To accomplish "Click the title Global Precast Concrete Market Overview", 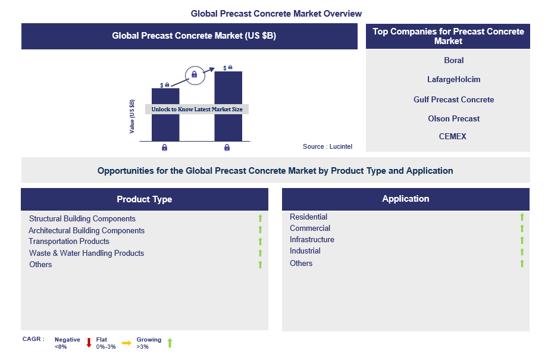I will pyautogui.click(x=276, y=13).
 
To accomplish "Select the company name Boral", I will pyautogui.click(x=453, y=60).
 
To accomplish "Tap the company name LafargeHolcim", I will pyautogui.click(x=453, y=79).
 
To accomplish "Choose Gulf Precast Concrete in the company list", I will pyautogui.click(x=453, y=99).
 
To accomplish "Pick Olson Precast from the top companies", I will pyautogui.click(x=453, y=118).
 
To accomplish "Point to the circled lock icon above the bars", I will pyautogui.click(x=193, y=74).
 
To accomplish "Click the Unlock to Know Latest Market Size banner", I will pyautogui.click(x=197, y=109).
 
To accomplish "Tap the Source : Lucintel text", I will pyautogui.click(x=327, y=146).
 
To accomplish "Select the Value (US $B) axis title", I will pyautogui.click(x=132, y=116).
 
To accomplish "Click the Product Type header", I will pyautogui.click(x=144, y=199).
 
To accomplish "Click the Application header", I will pyautogui.click(x=405, y=199).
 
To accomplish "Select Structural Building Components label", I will pyautogui.click(x=82, y=219).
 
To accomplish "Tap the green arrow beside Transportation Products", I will pyautogui.click(x=260, y=242).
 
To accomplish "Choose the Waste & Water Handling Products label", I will pyautogui.click(x=86, y=253).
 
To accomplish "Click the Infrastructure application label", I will pyautogui.click(x=312, y=240).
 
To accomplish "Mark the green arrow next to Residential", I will pyautogui.click(x=522, y=217).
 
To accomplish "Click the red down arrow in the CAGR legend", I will pyautogui.click(x=89, y=343).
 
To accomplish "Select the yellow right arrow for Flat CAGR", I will pyautogui.click(x=126, y=343).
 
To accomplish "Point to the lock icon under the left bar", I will pyautogui.click(x=164, y=148).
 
